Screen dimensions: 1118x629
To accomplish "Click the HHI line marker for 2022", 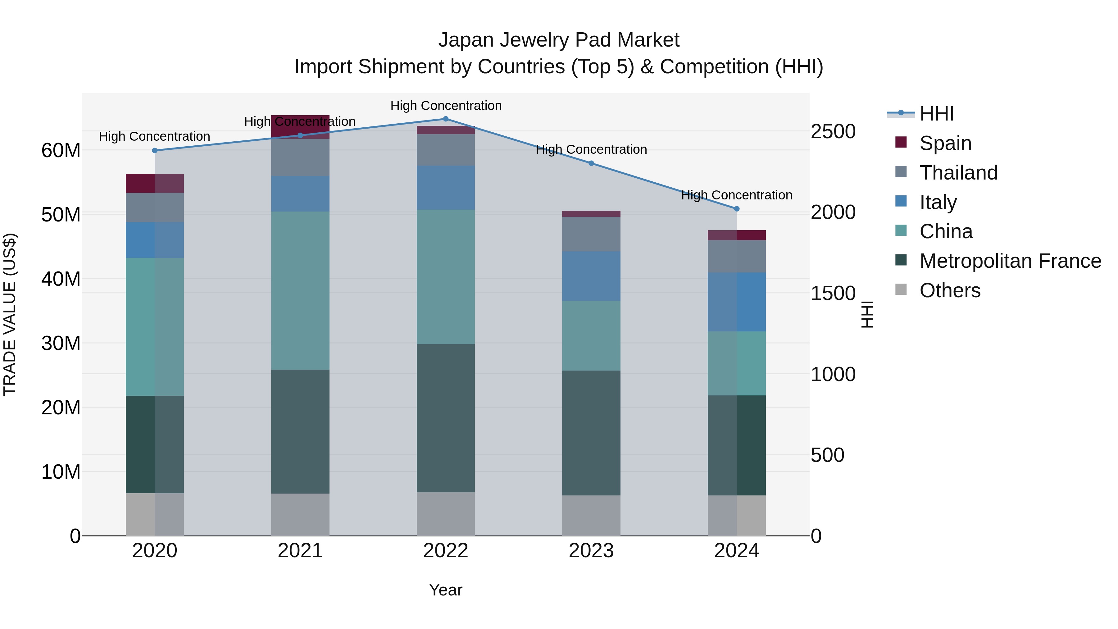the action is pyautogui.click(x=445, y=119).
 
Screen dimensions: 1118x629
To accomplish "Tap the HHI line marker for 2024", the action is pyautogui.click(x=737, y=209).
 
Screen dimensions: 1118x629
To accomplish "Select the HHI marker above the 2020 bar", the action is pyautogui.click(x=155, y=151).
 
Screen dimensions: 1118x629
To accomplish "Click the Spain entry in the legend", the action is pyautogui.click(x=945, y=143).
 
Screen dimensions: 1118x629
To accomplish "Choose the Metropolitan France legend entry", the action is pyautogui.click(x=1010, y=261).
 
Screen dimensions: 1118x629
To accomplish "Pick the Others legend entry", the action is pyautogui.click(x=950, y=290).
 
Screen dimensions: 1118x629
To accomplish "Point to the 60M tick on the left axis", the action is pyautogui.click(x=61, y=151).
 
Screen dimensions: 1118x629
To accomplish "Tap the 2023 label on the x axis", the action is pyautogui.click(x=591, y=551).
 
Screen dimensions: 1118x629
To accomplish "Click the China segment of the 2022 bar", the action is pyautogui.click(x=445, y=277).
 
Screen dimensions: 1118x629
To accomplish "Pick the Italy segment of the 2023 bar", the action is pyautogui.click(x=591, y=276).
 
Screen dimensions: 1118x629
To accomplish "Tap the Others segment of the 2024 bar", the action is pyautogui.click(x=737, y=515).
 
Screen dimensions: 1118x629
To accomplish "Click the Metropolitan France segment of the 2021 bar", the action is pyautogui.click(x=300, y=431).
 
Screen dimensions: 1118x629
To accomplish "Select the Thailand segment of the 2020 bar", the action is pyautogui.click(x=155, y=207).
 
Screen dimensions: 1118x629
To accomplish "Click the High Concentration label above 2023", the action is pyautogui.click(x=591, y=149).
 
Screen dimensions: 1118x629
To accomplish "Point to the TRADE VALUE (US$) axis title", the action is pyautogui.click(x=10, y=314).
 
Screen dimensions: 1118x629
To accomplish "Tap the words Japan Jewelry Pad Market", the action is pyautogui.click(x=559, y=40).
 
